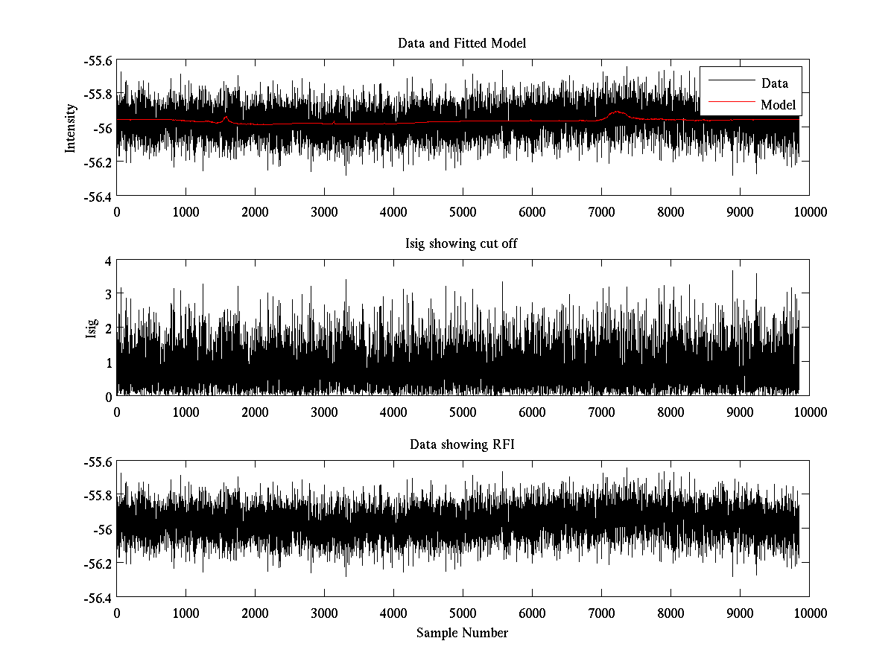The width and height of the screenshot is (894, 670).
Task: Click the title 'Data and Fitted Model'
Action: pyautogui.click(x=462, y=43)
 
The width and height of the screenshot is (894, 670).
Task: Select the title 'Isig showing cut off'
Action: pyautogui.click(x=462, y=244)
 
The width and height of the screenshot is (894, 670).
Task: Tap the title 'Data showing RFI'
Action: pyautogui.click(x=462, y=444)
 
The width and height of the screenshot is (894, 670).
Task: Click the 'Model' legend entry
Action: pyautogui.click(x=778, y=105)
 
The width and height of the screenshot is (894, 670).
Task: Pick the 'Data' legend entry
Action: pyautogui.click(x=774, y=83)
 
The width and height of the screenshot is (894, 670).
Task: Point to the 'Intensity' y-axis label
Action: pyautogui.click(x=71, y=127)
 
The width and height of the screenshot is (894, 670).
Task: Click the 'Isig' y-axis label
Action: pyautogui.click(x=92, y=328)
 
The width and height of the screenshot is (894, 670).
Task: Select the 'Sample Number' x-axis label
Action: pyautogui.click(x=462, y=633)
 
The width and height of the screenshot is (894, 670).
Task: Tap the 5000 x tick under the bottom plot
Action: pyautogui.click(x=463, y=613)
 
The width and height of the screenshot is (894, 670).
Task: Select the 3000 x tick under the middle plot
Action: pyautogui.click(x=324, y=412)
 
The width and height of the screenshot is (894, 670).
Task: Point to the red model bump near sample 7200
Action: pyautogui.click(x=617, y=112)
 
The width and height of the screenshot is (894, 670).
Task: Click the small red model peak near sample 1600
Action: pyautogui.click(x=226, y=117)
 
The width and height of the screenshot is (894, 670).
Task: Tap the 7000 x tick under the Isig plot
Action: pyautogui.click(x=601, y=412)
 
